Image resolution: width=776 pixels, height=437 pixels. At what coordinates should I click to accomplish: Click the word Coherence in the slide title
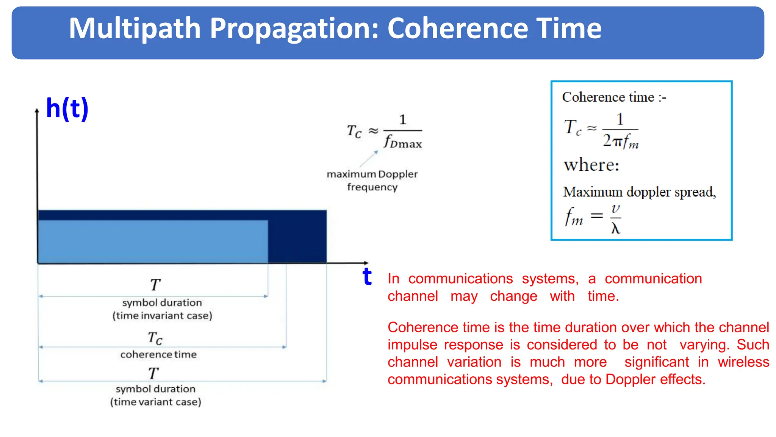pos(457,28)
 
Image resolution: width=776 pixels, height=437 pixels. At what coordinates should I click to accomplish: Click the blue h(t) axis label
pos(67,108)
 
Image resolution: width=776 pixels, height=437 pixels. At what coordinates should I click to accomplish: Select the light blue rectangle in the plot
pos(153,241)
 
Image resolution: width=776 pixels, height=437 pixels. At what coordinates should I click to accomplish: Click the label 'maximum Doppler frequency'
pos(372,181)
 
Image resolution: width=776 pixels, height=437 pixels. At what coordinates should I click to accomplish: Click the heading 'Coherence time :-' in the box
pos(614,97)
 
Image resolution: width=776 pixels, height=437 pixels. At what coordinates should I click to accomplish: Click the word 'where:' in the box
pos(591,165)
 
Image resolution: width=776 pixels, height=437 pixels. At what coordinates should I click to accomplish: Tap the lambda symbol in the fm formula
pos(615,228)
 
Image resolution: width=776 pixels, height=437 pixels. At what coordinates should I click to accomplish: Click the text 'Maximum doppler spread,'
pos(639,192)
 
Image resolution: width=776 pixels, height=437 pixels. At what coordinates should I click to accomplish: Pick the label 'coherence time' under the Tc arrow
pos(158,354)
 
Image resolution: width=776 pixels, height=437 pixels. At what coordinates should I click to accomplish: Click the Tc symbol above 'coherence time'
pos(155,337)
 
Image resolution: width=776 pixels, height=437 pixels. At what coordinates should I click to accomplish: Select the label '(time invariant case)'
pos(162,316)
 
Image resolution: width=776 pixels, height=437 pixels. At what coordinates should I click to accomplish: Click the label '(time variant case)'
pos(155,402)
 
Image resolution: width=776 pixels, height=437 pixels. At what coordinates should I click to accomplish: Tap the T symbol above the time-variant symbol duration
pos(153,373)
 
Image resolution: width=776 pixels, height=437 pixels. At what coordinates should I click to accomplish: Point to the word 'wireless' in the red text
pos(743,362)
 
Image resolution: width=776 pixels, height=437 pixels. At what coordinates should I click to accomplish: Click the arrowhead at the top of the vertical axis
pos(37,111)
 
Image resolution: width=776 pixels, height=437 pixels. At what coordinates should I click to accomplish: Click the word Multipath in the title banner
pos(135,28)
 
